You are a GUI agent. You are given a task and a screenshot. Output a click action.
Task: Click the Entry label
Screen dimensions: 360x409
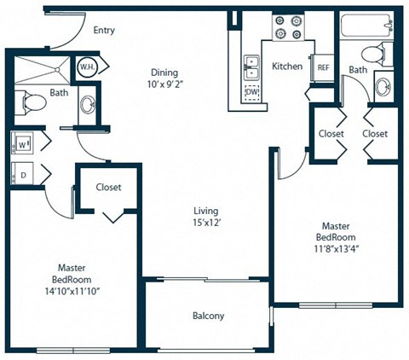pos(104,31)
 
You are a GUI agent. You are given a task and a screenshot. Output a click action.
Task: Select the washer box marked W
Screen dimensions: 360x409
pos(21,143)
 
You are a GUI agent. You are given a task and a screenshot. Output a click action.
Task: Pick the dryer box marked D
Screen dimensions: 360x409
pos(21,173)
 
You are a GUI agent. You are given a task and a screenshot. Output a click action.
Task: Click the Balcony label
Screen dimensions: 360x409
pos(208,316)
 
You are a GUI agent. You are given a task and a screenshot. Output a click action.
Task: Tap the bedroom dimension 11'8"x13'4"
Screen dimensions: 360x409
pos(336,249)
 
